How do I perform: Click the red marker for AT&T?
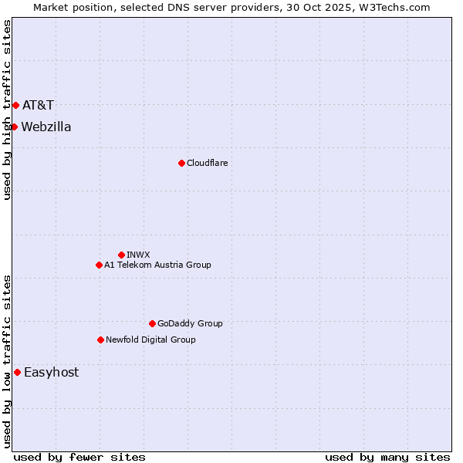point(15,105)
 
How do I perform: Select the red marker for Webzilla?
point(14,127)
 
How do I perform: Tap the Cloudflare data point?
point(181,163)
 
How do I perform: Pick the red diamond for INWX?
point(121,255)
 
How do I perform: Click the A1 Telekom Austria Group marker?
point(99,265)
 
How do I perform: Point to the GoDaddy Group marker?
point(152,323)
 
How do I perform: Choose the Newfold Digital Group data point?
point(100,340)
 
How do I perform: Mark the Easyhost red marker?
point(17,372)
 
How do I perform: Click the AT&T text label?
point(38,105)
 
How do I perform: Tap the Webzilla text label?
point(46,127)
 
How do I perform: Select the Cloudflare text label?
point(207,163)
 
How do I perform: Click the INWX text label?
point(138,255)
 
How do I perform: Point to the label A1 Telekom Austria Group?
point(157,265)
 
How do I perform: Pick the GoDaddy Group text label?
point(190,323)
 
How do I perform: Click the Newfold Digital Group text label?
point(150,340)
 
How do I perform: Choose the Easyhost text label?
point(51,372)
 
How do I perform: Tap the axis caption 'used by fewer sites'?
point(79,457)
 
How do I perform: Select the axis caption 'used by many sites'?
point(387,457)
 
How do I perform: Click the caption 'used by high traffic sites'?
point(7,110)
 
